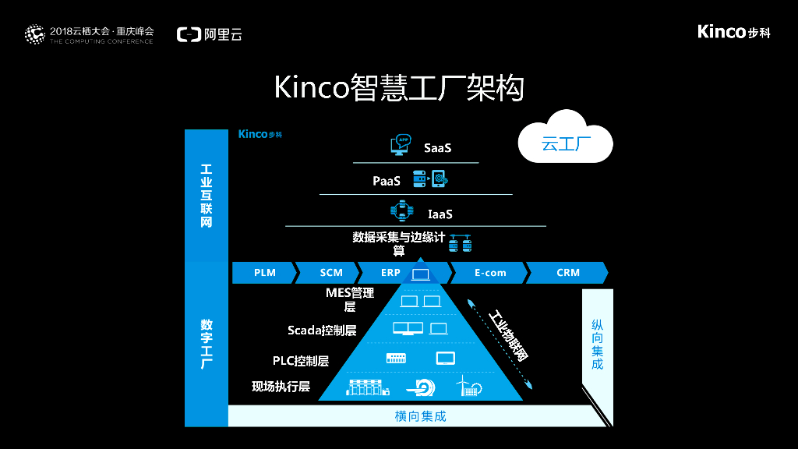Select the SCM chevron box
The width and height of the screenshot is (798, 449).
[x=331, y=273]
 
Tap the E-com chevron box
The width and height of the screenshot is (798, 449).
[x=490, y=273]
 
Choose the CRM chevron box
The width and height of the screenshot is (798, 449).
[x=568, y=273]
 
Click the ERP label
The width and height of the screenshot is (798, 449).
[x=390, y=273]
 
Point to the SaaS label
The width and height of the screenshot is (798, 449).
[x=438, y=147]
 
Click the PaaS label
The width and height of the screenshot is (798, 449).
[x=387, y=181]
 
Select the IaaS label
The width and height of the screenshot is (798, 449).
[x=440, y=214]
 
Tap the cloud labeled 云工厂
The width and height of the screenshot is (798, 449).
[x=567, y=141]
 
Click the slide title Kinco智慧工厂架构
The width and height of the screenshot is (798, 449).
[x=399, y=87]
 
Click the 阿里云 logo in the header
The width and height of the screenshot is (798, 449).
[x=210, y=34]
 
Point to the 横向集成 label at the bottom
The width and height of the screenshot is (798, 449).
[x=421, y=416]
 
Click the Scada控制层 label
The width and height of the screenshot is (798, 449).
[x=322, y=331]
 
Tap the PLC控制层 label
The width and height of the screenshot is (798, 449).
[x=301, y=361]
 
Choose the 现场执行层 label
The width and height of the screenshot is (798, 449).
[x=281, y=387]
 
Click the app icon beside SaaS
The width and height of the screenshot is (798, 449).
[x=401, y=145]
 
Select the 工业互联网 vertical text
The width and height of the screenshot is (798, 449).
[x=206, y=196]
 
